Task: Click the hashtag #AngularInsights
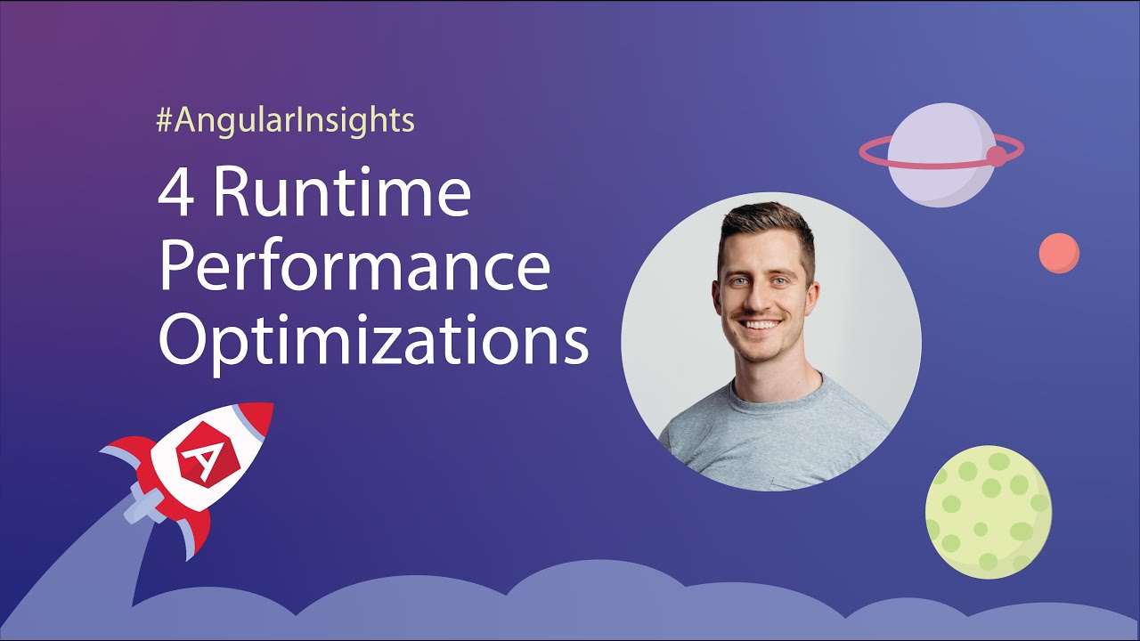pos(285,120)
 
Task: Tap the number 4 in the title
pos(175,193)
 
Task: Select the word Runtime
pos(341,193)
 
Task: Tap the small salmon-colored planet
pos(1059,253)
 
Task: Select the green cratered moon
pos(989,511)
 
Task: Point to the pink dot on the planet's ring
pos(997,156)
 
